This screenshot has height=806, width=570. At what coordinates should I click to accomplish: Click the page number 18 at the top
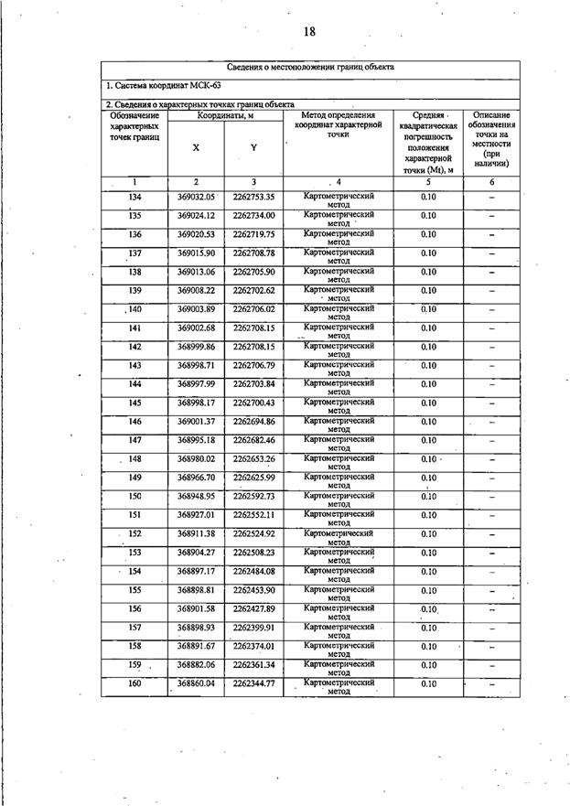point(309,31)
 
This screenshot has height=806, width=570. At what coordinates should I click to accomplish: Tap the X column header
point(196,147)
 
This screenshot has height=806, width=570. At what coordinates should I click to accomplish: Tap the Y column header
point(253,147)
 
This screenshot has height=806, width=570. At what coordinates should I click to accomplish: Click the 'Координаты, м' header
point(224,115)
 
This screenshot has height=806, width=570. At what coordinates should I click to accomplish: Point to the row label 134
point(134,197)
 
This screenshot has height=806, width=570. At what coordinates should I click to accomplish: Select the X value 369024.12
point(196,216)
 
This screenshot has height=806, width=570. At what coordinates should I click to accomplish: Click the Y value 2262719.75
point(253,234)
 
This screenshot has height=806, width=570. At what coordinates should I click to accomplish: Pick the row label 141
point(134,328)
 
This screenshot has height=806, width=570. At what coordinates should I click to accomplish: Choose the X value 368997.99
point(196,384)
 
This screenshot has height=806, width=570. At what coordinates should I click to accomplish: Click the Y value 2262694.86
point(253,422)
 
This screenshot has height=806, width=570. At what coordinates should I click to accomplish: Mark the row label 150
point(134,496)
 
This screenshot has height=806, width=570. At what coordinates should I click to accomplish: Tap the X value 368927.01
point(196,515)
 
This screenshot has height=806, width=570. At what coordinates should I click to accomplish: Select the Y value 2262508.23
point(253,553)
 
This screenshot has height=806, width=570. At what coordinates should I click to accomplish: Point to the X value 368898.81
point(196,590)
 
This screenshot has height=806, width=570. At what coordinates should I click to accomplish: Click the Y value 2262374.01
point(253,646)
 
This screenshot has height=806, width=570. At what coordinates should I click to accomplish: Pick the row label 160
point(134,683)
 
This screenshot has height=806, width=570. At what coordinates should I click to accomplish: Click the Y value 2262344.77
point(253,683)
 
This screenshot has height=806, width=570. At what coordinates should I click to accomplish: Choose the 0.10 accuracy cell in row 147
point(428,440)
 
